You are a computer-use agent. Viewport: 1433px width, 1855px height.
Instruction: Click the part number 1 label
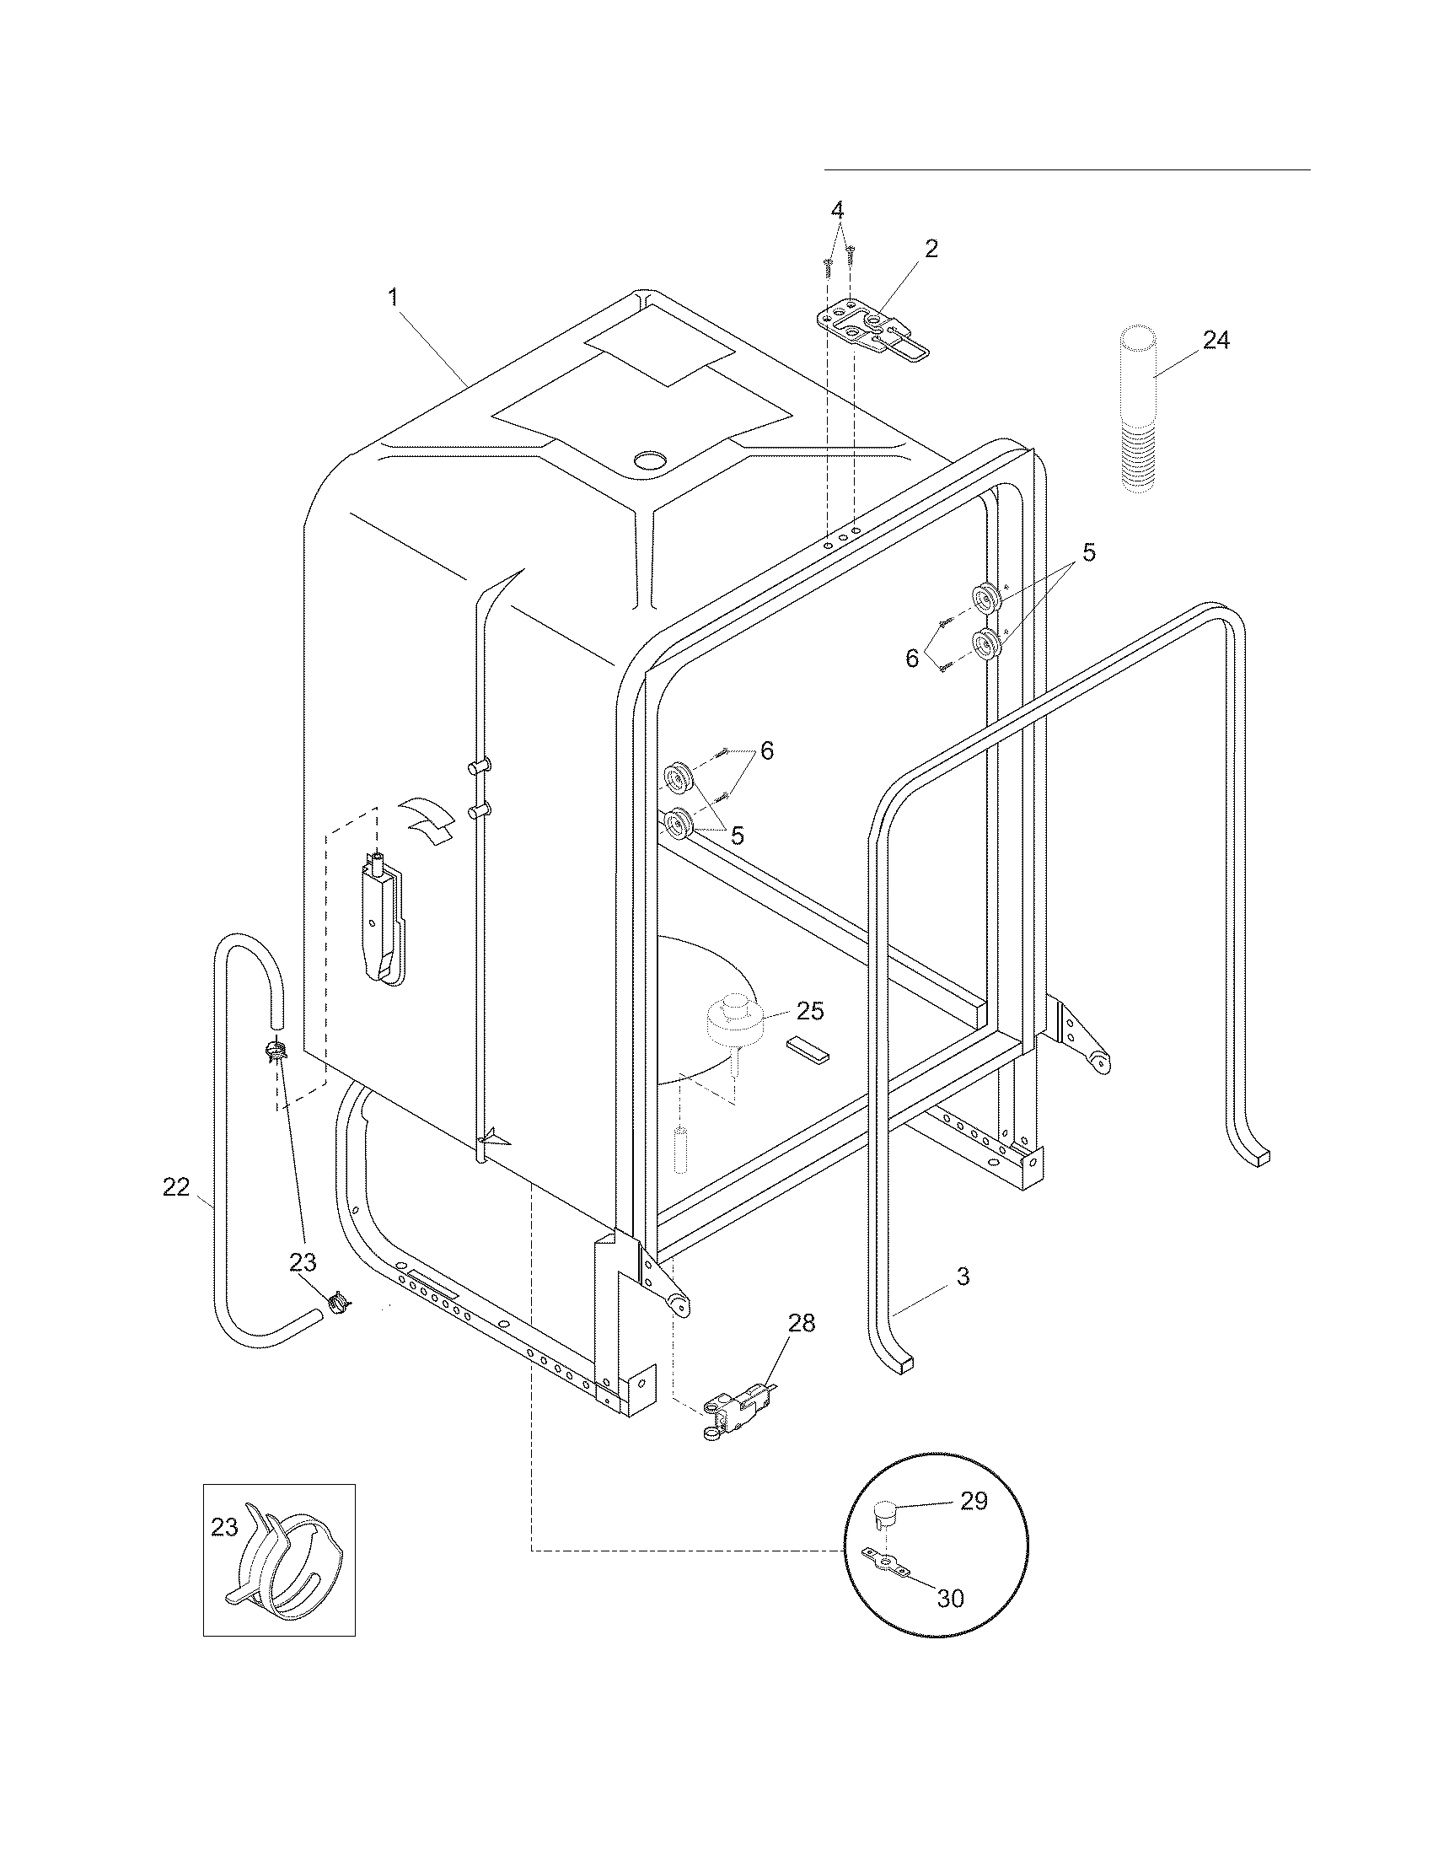[x=393, y=298]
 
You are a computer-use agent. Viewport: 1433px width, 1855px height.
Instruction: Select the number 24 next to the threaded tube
[x=1216, y=341]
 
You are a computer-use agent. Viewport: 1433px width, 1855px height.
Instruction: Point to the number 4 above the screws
[x=837, y=209]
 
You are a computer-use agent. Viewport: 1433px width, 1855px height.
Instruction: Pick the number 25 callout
[x=810, y=1011]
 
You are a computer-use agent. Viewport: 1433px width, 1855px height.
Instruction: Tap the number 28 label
[x=801, y=1323]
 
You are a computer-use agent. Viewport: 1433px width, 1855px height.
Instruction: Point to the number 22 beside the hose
[x=175, y=1187]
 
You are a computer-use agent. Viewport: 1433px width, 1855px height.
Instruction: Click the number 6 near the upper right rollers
[x=912, y=658]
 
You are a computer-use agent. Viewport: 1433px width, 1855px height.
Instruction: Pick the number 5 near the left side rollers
[x=737, y=835]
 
